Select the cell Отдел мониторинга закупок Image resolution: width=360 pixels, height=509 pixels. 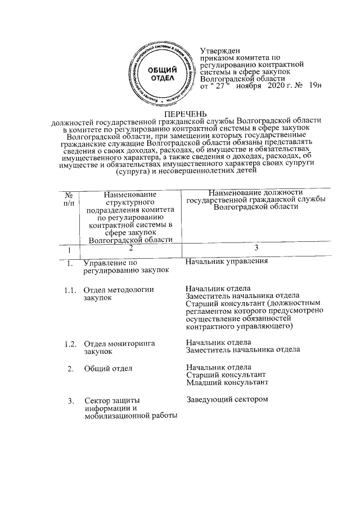pyautogui.click(x=119, y=347)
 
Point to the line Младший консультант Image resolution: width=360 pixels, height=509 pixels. pyautogui.click(x=227, y=383)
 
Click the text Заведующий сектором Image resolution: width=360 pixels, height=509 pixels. pyautogui.click(x=227, y=400)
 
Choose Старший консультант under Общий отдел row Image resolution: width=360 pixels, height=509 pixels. pyautogui.click(x=225, y=375)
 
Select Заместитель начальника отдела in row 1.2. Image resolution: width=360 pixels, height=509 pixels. pyautogui.click(x=242, y=350)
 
